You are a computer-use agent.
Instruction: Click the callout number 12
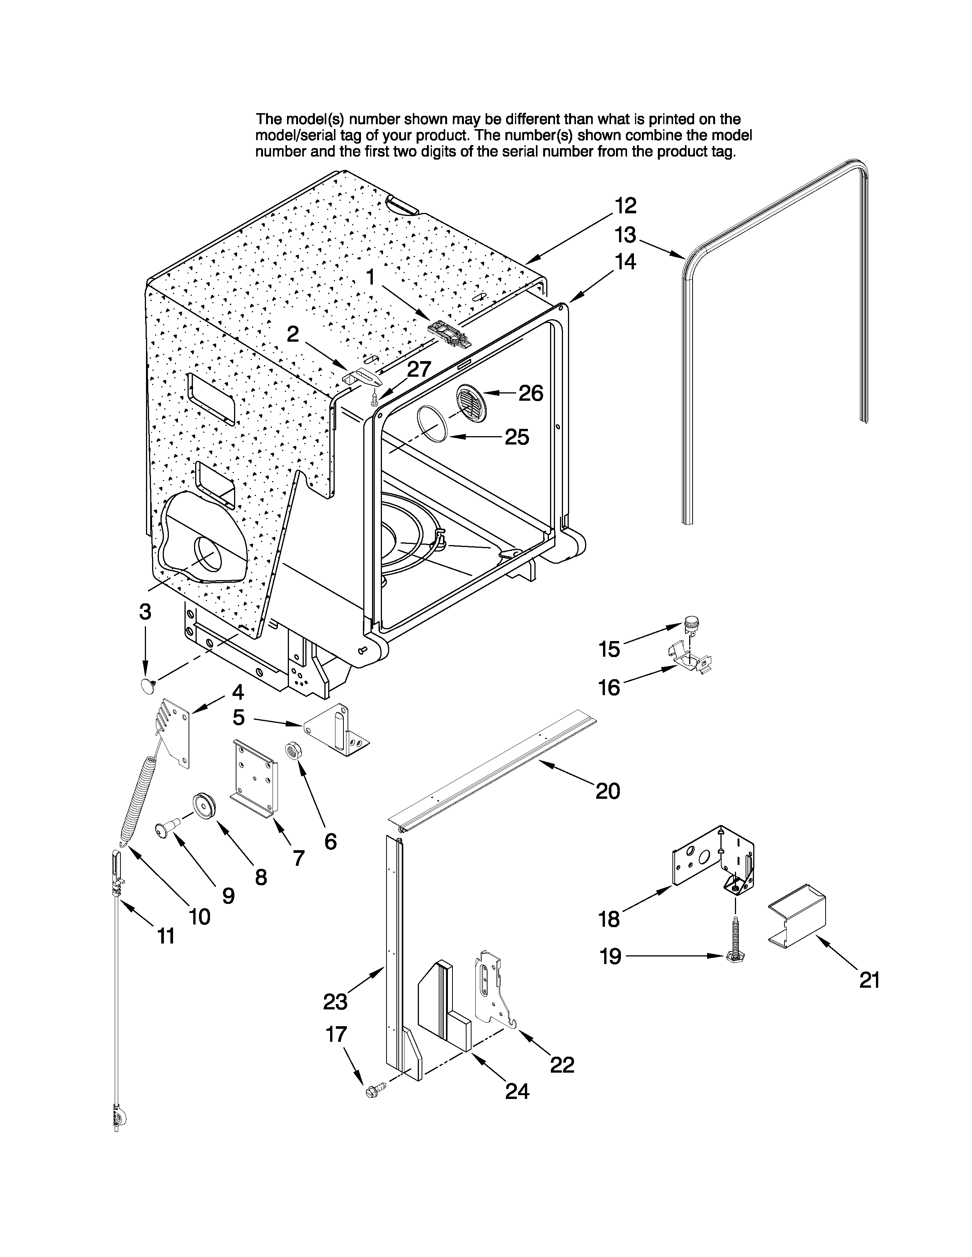click(x=626, y=205)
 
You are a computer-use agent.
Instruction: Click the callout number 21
click(x=869, y=980)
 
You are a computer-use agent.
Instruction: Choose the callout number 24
click(x=517, y=1091)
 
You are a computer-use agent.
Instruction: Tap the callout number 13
click(x=626, y=235)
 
